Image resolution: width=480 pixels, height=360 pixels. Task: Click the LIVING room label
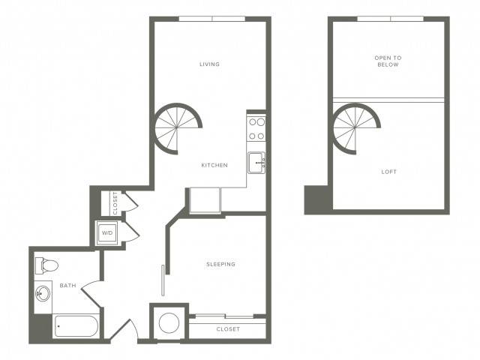pos(209,64)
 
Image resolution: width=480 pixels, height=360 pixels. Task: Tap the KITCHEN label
pos(214,165)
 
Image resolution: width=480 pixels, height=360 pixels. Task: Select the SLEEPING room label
pos(220,264)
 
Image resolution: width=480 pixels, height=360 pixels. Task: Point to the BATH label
pos(67,286)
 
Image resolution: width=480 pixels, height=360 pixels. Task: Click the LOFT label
pos(388,172)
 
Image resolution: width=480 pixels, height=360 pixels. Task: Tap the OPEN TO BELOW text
pos(388,61)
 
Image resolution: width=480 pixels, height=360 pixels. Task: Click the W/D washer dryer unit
pos(107,233)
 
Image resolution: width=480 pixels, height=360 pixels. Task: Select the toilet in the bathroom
pos(46,265)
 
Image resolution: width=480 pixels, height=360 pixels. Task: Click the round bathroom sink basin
pos(43,294)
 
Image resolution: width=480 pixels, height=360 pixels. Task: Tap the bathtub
pos(76,326)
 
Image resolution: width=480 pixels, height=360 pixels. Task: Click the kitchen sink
pos(256,163)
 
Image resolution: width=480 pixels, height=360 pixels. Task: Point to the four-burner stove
pos(256,129)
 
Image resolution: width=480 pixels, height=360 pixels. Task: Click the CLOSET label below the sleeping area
pos(228,329)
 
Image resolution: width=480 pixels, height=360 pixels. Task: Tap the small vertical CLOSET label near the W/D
pos(115,203)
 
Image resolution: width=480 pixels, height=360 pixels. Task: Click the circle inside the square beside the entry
pos(169,323)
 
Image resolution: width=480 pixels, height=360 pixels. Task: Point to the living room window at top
pos(211,19)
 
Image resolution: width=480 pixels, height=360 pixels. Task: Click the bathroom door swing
pos(91,294)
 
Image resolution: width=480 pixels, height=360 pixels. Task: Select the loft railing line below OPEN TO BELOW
pos(388,100)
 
